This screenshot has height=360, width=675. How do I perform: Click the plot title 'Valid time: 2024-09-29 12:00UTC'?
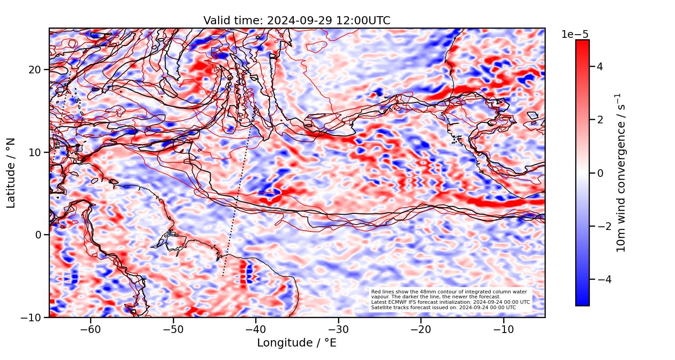pyautogui.click(x=297, y=21)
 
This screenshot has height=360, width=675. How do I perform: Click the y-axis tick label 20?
pyautogui.click(x=36, y=70)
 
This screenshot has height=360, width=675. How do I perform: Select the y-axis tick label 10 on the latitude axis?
pyautogui.click(x=36, y=152)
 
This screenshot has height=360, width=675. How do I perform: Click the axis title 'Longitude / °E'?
pyautogui.click(x=297, y=343)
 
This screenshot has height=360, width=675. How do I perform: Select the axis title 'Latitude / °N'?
pyautogui.click(x=11, y=173)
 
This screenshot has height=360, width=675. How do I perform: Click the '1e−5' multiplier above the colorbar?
pyautogui.click(x=575, y=35)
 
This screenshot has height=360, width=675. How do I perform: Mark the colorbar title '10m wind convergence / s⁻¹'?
pyautogui.click(x=621, y=173)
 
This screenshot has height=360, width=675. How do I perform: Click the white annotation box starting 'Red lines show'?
pyautogui.click(x=450, y=300)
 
